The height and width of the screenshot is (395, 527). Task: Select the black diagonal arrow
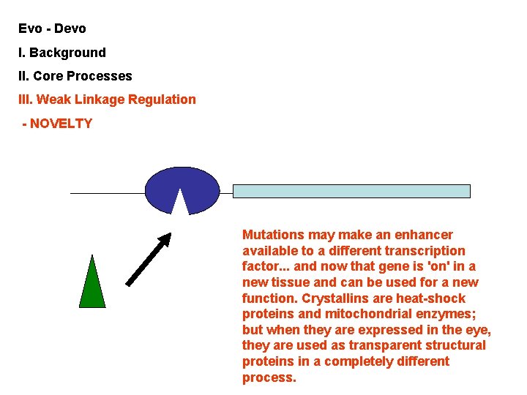149,259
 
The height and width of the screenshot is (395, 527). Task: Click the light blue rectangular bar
351,191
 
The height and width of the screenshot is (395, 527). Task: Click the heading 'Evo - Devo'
53,29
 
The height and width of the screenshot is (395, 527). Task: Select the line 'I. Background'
62,53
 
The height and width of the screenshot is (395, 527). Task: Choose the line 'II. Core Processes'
75,76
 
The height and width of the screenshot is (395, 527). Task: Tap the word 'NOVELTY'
61,124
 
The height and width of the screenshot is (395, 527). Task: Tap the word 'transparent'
391,345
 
